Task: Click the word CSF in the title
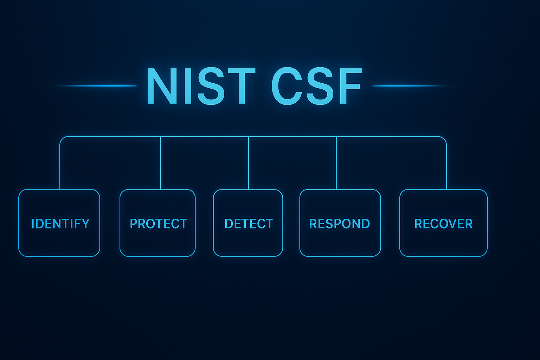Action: pyautogui.click(x=316, y=86)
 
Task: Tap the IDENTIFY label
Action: pyautogui.click(x=60, y=224)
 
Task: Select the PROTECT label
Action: pyautogui.click(x=158, y=224)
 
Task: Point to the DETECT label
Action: pyautogui.click(x=249, y=224)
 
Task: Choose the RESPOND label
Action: pyautogui.click(x=339, y=224)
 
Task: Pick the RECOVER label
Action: pyautogui.click(x=443, y=224)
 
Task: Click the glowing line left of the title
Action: pyautogui.click(x=95, y=86)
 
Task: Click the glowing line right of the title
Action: pyautogui.click(x=411, y=86)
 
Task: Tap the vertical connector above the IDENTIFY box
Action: pyautogui.click(x=60, y=165)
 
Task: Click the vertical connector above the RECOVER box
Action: pyautogui.click(x=446, y=165)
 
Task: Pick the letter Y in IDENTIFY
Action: pyautogui.click(x=85, y=224)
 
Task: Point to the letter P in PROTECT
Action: pyautogui.click(x=134, y=224)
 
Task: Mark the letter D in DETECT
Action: pyautogui.click(x=228, y=224)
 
